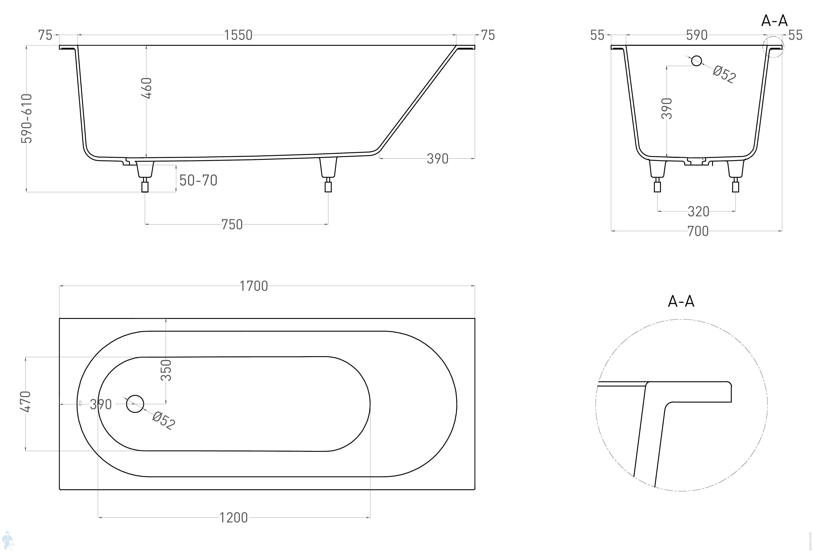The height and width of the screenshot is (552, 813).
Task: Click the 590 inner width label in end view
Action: (696, 35)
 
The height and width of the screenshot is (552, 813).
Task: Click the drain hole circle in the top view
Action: (135, 404)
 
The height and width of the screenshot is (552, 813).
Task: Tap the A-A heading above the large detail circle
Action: (681, 301)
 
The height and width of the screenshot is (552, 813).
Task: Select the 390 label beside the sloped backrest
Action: (437, 159)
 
